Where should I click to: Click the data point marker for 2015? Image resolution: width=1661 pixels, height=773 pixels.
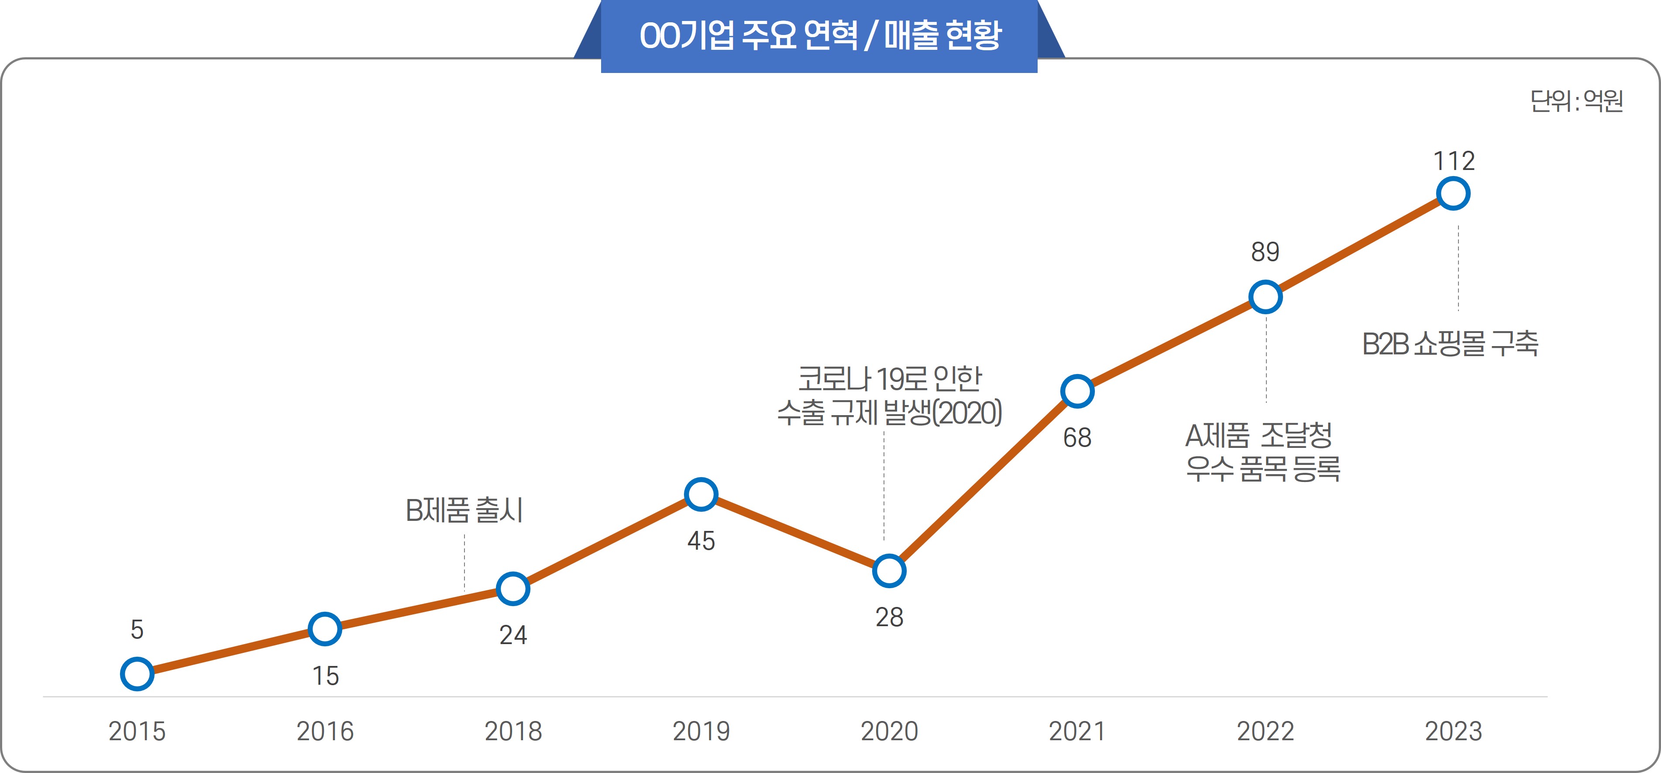pos(137,674)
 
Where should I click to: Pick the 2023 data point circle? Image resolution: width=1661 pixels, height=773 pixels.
pos(1453,194)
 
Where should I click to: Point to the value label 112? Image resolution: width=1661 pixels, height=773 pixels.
pos(1453,161)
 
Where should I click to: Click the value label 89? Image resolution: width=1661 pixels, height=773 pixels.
pos(1265,252)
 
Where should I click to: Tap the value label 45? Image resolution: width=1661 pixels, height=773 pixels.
pos(701,541)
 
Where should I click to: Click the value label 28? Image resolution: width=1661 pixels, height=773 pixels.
pos(889,617)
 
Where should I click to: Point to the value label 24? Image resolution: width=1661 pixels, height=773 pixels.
pos(512,635)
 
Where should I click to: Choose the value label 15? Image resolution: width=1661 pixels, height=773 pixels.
pos(325,676)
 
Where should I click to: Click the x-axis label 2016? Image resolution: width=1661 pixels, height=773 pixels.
pos(325,731)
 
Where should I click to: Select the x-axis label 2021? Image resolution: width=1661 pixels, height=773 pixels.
pos(1077,731)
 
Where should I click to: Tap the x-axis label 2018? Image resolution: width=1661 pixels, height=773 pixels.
pos(512,731)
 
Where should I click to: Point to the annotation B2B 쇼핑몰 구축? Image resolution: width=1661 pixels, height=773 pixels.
pos(1450,343)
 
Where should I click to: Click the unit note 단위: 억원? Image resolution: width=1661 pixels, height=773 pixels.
pos(1577,101)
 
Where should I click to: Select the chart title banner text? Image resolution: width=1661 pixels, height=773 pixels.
pos(819,35)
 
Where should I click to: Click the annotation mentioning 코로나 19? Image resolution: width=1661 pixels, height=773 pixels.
pos(889,395)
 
